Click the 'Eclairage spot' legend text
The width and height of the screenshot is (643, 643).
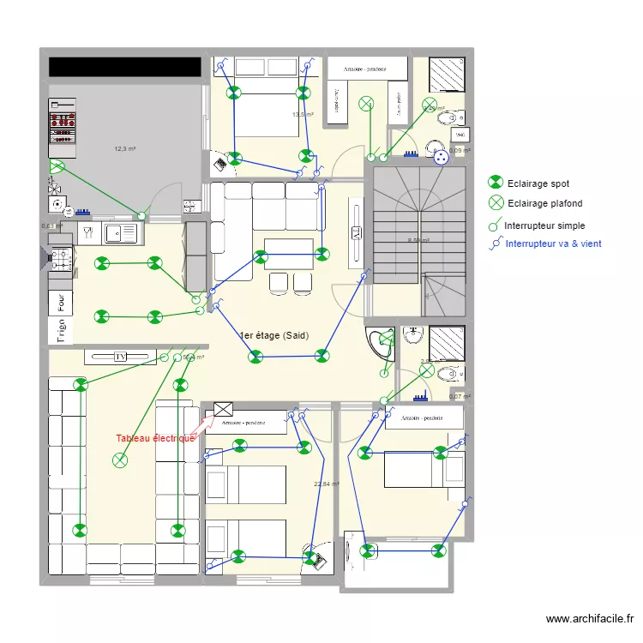[x=538, y=183]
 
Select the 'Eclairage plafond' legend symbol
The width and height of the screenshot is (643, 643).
[x=496, y=203]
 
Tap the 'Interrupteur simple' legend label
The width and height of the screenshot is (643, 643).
[x=544, y=225]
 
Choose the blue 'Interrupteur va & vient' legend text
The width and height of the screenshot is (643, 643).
[x=553, y=243]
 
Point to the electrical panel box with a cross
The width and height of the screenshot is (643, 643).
[x=224, y=410]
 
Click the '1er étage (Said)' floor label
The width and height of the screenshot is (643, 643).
[x=274, y=336]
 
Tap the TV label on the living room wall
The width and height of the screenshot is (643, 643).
[x=120, y=356]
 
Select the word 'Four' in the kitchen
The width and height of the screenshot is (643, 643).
[x=61, y=303]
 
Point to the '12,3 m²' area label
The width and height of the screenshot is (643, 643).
[x=125, y=149]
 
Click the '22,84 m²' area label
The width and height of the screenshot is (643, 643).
[x=327, y=484]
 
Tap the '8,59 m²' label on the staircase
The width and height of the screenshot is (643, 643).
[x=418, y=241]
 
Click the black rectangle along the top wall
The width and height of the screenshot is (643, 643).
[x=125, y=67]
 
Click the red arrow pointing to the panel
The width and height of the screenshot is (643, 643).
[x=203, y=424]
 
